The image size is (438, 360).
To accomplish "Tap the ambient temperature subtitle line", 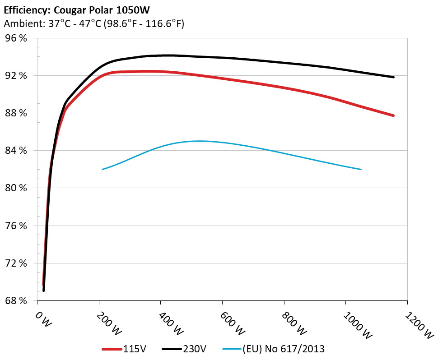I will click(94, 24).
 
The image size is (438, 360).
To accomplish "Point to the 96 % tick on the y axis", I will click(16, 38).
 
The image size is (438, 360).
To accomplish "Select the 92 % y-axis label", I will click(16, 76).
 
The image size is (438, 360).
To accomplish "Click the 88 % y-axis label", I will click(16, 113).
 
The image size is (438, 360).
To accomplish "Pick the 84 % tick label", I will click(16, 151).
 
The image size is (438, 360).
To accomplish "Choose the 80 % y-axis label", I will click(16, 188).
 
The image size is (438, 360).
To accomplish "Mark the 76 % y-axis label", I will click(16, 226).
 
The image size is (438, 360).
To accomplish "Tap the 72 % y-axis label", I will click(16, 263).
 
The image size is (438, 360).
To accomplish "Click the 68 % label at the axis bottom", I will click(16, 300).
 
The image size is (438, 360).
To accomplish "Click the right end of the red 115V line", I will click(393, 115).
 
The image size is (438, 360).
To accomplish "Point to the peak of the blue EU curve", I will click(199, 141).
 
